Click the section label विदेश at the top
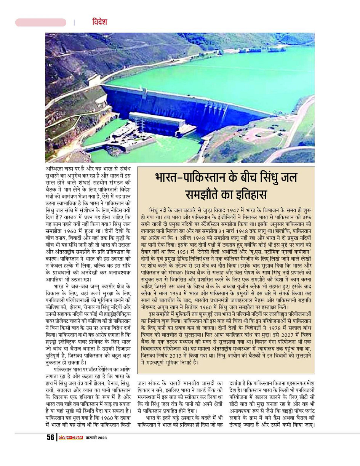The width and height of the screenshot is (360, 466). [x=99, y=22]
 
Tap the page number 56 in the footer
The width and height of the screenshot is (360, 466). [x=50, y=437]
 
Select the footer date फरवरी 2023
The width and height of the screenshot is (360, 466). [x=96, y=438]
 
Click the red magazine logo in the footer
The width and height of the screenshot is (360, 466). [x=70, y=437]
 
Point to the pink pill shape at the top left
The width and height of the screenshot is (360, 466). [x=41, y=22]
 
